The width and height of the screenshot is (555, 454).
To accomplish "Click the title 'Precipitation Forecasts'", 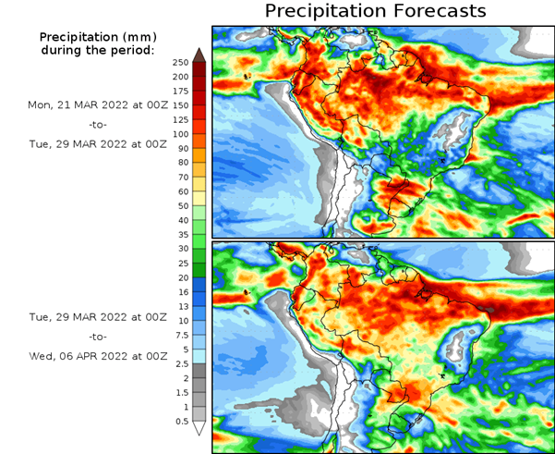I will pyautogui.click(x=375, y=11).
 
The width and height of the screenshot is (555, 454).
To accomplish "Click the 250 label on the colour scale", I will pyautogui.click(x=180, y=62).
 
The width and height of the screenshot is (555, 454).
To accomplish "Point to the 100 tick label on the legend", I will pyautogui.click(x=180, y=134).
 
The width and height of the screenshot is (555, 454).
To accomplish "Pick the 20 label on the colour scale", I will pyautogui.click(x=183, y=277).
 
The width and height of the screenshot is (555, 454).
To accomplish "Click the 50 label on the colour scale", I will pyautogui.click(x=183, y=205).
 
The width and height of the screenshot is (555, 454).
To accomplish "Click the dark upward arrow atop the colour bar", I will pyautogui.click(x=199, y=55).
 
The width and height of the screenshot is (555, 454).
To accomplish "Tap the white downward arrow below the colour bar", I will pyautogui.click(x=199, y=429).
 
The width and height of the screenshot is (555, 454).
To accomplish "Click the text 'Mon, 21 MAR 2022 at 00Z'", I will pyautogui.click(x=98, y=105).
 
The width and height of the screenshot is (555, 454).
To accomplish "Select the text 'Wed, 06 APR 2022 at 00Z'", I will pyautogui.click(x=98, y=356).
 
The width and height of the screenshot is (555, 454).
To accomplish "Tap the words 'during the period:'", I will pyautogui.click(x=98, y=49).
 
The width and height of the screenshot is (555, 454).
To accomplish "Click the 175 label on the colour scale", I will pyautogui.click(x=180, y=91).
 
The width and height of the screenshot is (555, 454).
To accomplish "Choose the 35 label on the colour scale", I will pyautogui.click(x=183, y=235).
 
